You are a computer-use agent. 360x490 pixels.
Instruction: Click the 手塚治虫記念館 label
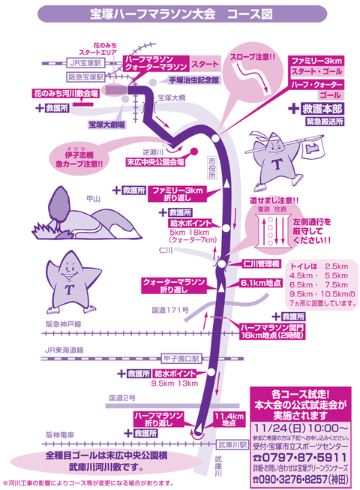click(x=193, y=78)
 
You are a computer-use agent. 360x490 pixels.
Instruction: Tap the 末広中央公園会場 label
click(x=154, y=161)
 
